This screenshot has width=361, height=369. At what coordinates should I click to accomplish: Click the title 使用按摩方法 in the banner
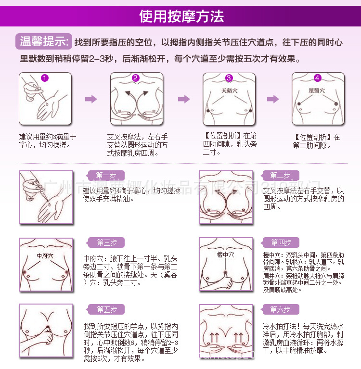(181, 17)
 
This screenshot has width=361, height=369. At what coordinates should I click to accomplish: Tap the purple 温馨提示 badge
(44, 41)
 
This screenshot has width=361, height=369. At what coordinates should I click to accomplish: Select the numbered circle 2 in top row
(136, 78)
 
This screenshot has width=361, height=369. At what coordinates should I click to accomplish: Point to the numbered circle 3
(229, 78)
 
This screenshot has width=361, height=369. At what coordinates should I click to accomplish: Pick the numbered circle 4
(317, 78)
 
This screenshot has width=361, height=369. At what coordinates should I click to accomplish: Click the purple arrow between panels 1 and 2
(90, 99)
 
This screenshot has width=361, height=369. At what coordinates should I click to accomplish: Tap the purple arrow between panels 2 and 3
(183, 99)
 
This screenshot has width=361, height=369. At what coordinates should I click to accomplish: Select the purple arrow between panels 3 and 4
(273, 99)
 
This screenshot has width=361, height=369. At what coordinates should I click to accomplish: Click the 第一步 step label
(106, 175)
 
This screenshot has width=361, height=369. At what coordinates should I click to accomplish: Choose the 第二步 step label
(280, 175)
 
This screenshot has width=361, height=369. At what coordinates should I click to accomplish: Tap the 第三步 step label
(106, 242)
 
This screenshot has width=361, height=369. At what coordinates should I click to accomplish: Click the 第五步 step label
(106, 309)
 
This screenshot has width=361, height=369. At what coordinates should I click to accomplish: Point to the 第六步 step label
(280, 309)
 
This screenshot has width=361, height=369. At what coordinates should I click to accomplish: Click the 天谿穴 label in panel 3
(229, 90)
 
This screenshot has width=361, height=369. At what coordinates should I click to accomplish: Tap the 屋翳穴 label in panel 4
(317, 90)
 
